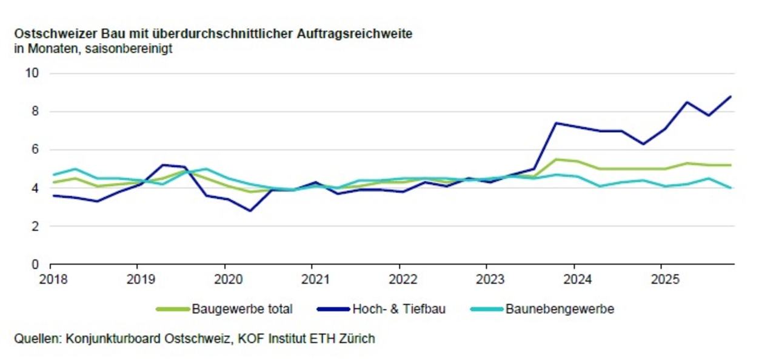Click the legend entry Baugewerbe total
tap(242, 309)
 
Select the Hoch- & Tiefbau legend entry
tap(398, 309)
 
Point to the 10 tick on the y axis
tap(31, 73)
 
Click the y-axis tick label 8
tap(35, 112)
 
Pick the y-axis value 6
tap(35, 150)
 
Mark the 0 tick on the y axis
tap(35, 265)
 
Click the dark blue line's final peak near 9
tap(731, 96)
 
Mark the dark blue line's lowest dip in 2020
tap(250, 211)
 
